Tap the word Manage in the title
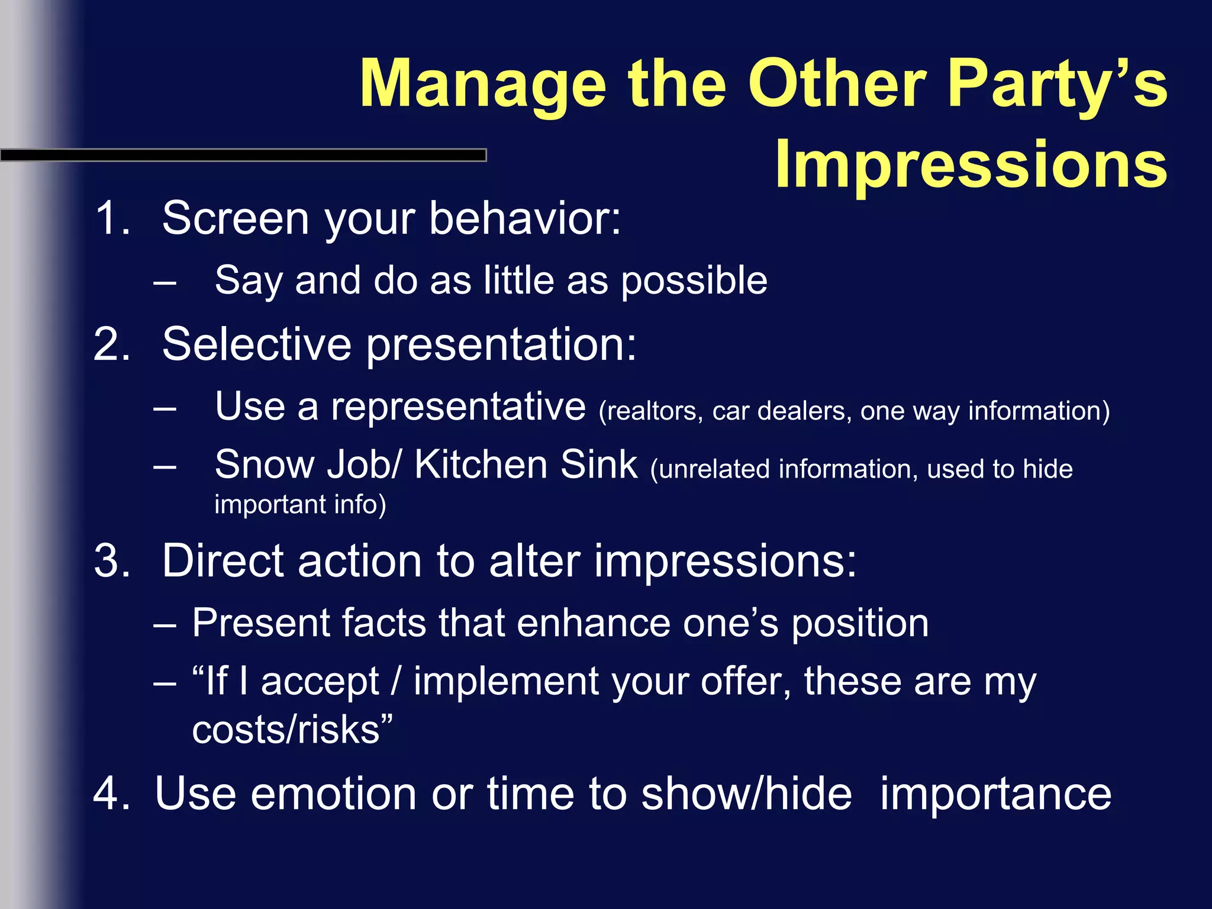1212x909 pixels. pos(482,85)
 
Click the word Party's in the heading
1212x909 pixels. pos(1056,85)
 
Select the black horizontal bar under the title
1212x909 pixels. pos(243,155)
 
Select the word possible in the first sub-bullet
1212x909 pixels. pos(694,281)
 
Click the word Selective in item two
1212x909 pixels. pos(256,344)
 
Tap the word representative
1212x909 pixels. pos(458,408)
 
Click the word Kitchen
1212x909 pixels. pos(480,465)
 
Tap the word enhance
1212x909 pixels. pos(592,623)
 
